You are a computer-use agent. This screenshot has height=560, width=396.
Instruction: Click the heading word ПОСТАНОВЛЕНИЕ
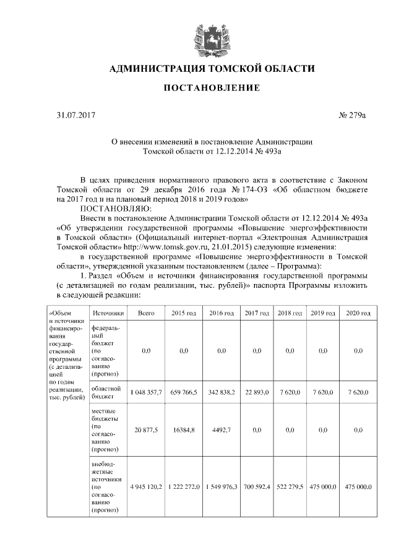pos(212,89)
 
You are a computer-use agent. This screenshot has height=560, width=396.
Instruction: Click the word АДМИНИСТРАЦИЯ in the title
pos(158,68)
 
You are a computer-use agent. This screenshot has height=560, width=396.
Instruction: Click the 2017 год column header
pos(257,314)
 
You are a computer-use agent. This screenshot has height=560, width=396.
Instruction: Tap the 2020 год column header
pos(358,314)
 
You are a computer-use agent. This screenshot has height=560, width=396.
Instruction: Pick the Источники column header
pos(108,314)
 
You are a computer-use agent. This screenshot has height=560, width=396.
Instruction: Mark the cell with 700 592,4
pos(257,488)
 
